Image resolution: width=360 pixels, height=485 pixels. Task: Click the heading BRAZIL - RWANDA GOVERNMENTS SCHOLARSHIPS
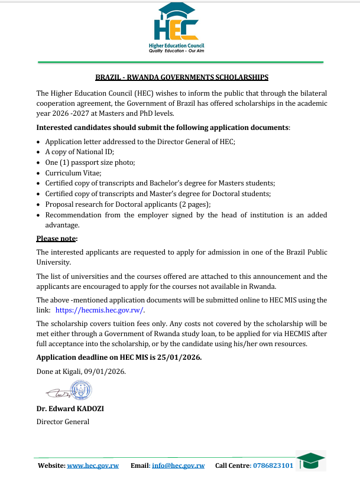pyautogui.click(x=182, y=77)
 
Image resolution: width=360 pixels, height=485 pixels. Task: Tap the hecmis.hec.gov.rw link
pyautogui.click(x=99, y=310)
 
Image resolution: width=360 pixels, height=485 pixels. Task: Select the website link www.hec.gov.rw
pyautogui.click(x=93, y=466)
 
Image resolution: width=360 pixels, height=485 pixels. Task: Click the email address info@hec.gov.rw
pyautogui.click(x=178, y=466)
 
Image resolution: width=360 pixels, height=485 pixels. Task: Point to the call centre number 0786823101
pyautogui.click(x=273, y=466)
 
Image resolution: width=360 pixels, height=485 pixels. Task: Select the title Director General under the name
pyautogui.click(x=63, y=422)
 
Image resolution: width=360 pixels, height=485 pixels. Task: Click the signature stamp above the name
pyautogui.click(x=77, y=390)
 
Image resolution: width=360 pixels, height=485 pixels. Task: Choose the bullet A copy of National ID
pyautogui.click(x=72, y=152)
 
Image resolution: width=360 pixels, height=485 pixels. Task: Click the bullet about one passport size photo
pyautogui.click(x=82, y=162)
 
